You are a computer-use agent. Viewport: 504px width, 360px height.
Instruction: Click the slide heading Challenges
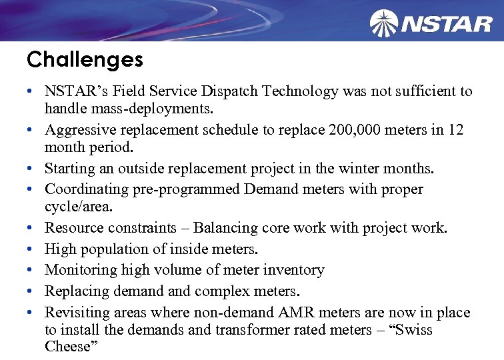[85, 60]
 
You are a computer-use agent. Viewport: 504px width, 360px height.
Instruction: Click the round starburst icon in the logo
[384, 23]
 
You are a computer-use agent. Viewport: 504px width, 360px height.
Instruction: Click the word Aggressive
[80, 129]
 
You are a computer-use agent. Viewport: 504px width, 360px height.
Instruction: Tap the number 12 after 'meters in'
[455, 129]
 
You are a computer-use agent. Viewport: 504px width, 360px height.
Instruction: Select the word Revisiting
[75, 313]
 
